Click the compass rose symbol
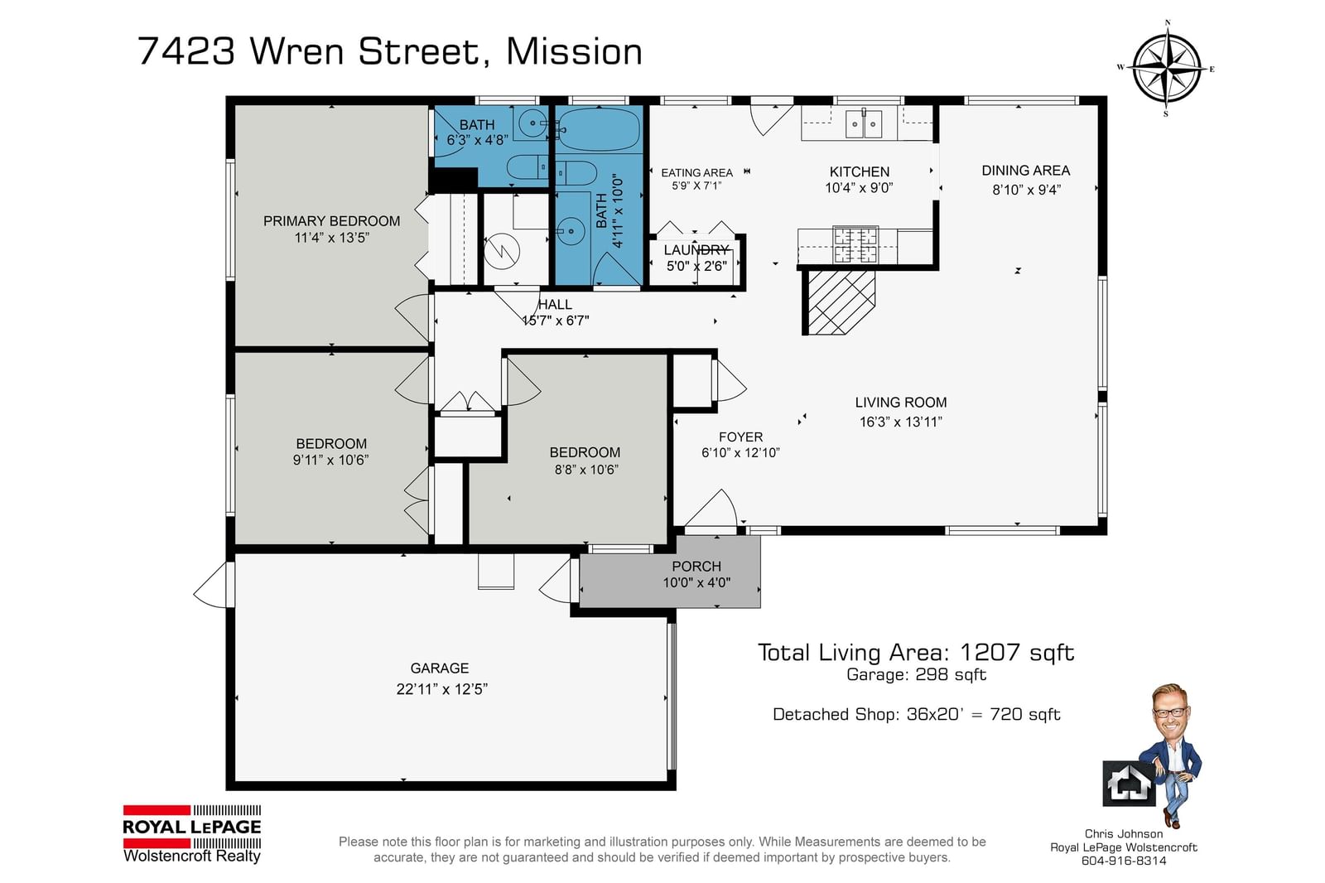[x=1167, y=69]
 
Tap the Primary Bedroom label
[x=331, y=220]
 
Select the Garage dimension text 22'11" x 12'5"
[x=442, y=689]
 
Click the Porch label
[x=696, y=567]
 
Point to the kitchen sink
[x=865, y=124]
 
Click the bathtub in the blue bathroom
[x=599, y=129]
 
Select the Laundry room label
[x=696, y=250]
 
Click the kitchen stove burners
[x=855, y=244]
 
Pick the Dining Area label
[x=1026, y=171]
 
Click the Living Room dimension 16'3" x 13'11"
[x=900, y=422]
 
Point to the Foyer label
[x=740, y=437]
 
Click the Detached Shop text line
[x=916, y=714]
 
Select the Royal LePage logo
[x=191, y=833]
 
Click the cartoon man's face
[x=1169, y=709]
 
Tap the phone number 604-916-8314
[x=1123, y=861]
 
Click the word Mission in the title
[x=575, y=51]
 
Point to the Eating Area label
[x=696, y=173]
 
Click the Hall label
[x=555, y=304]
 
